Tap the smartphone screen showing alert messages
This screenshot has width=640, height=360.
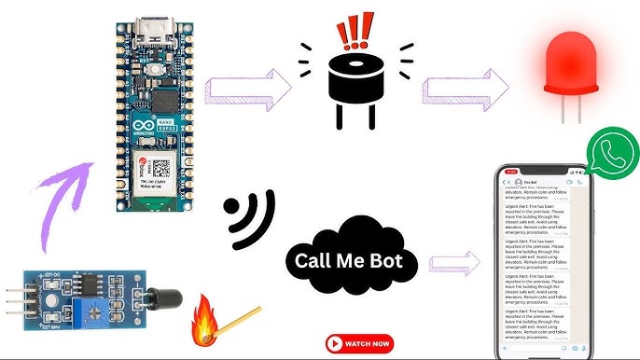(x=542, y=261)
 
